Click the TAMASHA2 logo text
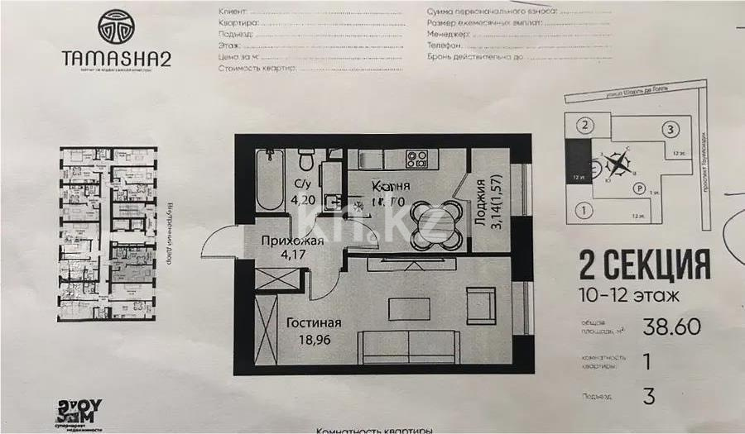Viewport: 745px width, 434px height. pyautogui.click(x=115, y=60)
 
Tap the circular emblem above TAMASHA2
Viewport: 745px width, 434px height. pyautogui.click(x=115, y=26)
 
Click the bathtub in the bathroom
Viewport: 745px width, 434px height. pyautogui.click(x=269, y=179)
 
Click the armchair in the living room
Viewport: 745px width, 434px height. pyautogui.click(x=480, y=306)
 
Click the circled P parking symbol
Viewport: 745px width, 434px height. pyautogui.click(x=638, y=188)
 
